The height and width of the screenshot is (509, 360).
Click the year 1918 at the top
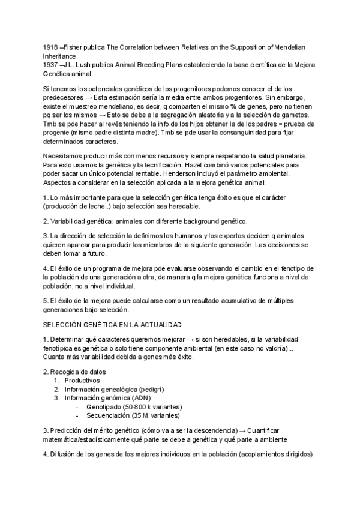coord(51,46)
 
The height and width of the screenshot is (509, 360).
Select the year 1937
coord(51,64)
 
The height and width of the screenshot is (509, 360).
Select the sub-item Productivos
coord(83,380)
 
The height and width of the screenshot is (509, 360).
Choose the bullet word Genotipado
coord(105,406)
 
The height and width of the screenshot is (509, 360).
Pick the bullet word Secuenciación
coord(109,415)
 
